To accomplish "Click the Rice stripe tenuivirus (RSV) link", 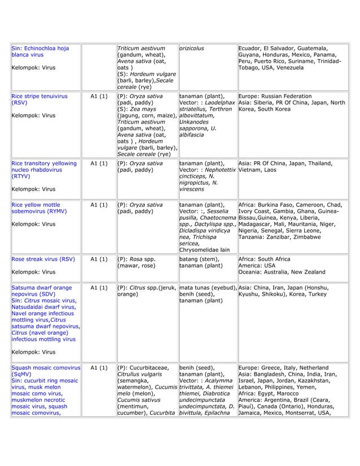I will [39, 100].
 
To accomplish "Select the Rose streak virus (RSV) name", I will [43, 260].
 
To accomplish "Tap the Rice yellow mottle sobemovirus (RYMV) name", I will [39, 208].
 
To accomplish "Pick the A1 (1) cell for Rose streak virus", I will [99, 260].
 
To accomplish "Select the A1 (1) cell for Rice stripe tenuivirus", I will [99, 96].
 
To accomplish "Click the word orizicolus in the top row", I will [192, 49].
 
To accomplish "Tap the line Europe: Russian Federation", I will [275, 96].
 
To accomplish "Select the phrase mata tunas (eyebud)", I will [207, 287].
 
